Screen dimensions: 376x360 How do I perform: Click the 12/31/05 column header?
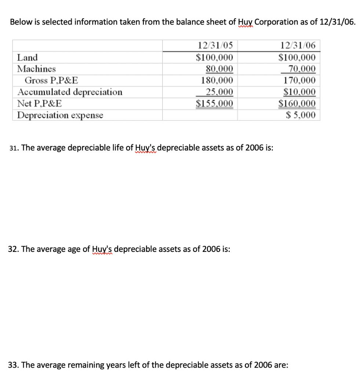click(x=215, y=46)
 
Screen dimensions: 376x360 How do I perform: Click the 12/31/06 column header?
click(x=297, y=46)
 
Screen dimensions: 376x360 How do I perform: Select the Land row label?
click(x=28, y=57)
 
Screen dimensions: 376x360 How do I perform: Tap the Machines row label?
click(x=37, y=69)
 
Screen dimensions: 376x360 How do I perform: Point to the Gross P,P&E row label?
click(x=51, y=80)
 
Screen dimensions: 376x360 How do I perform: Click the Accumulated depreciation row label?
click(x=70, y=92)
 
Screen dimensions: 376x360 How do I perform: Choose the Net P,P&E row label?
click(x=40, y=103)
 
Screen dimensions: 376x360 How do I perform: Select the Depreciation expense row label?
click(x=60, y=115)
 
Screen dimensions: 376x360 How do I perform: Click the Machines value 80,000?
click(x=219, y=69)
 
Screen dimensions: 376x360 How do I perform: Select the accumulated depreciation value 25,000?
click(x=219, y=92)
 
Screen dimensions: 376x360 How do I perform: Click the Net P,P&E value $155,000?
click(x=215, y=103)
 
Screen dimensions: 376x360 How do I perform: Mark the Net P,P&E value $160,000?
click(x=297, y=103)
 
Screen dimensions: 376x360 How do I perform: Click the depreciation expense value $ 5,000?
click(x=301, y=115)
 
